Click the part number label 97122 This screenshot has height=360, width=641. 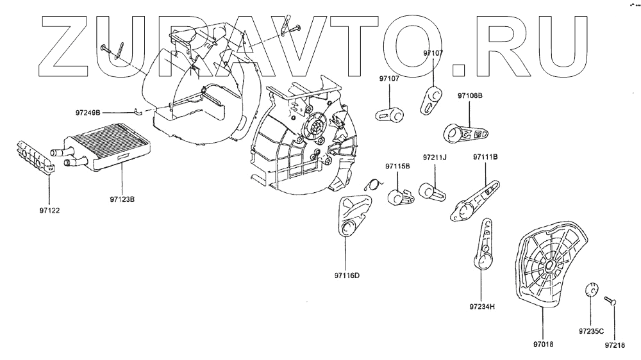point(49,208)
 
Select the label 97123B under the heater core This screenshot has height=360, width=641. point(122,199)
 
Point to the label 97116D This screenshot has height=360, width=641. point(347,276)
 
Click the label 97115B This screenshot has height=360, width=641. point(397,167)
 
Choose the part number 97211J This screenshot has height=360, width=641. point(435,157)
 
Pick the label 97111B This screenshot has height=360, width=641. point(486,157)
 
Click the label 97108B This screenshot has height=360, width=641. point(470,95)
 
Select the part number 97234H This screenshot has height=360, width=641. point(482,306)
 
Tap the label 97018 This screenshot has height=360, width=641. point(543,344)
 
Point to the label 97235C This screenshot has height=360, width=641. point(589,332)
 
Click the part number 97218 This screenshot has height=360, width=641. point(613,344)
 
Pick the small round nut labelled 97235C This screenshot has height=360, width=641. point(591,290)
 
